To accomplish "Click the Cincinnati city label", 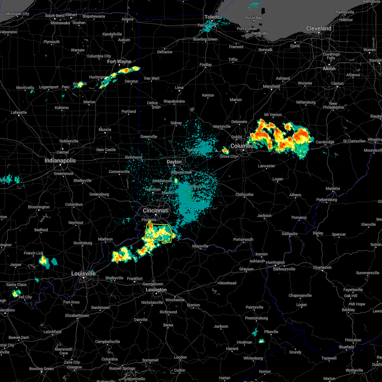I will [156, 211].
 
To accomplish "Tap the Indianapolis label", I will [60, 161].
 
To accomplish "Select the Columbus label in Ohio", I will [242, 146].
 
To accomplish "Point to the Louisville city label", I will [83, 273].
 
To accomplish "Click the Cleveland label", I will [319, 28].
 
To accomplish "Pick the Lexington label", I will [156, 290].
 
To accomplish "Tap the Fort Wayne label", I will [119, 61].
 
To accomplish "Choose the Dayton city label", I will [174, 162].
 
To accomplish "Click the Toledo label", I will [212, 17].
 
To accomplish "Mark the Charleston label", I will [322, 267].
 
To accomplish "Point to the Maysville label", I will [200, 246].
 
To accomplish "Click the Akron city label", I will [329, 68].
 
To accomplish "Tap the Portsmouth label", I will [243, 239].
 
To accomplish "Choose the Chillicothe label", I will [244, 195].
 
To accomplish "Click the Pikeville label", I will [271, 332].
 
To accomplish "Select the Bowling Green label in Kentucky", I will [41, 369].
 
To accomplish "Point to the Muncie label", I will [105, 130].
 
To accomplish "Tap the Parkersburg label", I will [327, 200].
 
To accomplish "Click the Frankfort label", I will [135, 279].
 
